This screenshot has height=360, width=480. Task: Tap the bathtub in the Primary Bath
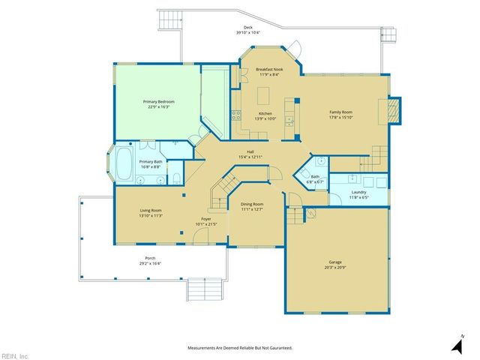click(x=124, y=164)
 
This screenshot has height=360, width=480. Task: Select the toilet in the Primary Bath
click(x=175, y=178)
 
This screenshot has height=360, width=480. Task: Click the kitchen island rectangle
click(x=264, y=95)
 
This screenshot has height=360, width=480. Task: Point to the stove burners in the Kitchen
click(x=235, y=115)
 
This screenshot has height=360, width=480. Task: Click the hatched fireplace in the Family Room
click(x=394, y=112)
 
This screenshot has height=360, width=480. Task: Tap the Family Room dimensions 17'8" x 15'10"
click(x=340, y=118)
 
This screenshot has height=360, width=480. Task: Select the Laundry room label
click(x=358, y=192)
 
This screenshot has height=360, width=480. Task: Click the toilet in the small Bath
click(x=319, y=160)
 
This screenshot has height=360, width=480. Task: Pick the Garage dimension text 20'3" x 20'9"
click(x=334, y=268)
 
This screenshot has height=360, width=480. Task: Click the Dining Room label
click(x=251, y=204)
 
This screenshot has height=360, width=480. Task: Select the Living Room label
click(x=151, y=211)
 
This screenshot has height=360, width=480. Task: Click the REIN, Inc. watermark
click(x=15, y=355)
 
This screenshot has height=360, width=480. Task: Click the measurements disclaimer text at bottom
click(x=239, y=348)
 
